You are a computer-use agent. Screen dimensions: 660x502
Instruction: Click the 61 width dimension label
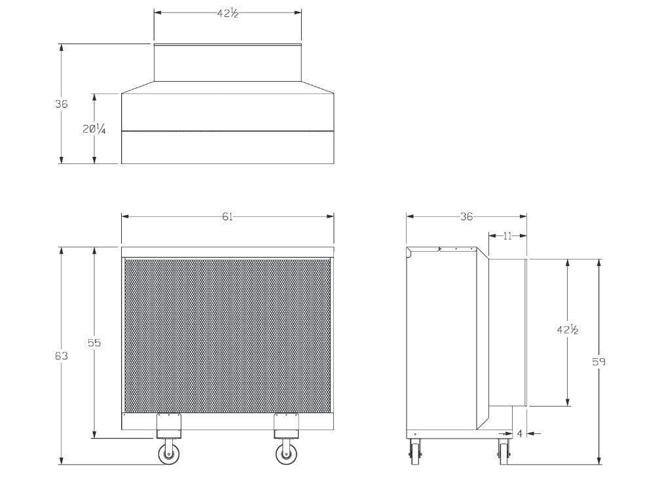[227, 217]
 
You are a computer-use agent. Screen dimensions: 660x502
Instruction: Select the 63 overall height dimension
[61, 356]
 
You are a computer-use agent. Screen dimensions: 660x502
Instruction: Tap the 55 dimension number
[94, 343]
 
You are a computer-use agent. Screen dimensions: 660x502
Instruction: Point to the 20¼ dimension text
[94, 129]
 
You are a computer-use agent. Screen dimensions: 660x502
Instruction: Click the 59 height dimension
[598, 361]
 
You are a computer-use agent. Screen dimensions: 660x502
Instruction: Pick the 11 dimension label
[507, 236]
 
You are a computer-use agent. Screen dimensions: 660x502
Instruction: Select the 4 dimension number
[519, 433]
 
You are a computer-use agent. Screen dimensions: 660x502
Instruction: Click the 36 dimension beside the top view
[61, 104]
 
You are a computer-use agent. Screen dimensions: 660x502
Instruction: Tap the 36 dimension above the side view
[466, 217]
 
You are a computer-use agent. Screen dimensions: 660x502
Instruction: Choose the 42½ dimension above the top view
[228, 14]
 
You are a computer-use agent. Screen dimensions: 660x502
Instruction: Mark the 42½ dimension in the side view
[567, 330]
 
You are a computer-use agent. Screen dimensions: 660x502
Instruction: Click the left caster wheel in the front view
[169, 454]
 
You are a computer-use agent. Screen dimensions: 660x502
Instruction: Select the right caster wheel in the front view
[286, 454]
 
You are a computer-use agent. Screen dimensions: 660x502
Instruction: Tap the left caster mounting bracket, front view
[169, 426]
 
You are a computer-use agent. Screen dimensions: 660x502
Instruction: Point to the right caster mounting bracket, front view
[286, 426]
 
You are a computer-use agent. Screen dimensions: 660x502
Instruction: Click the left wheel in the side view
[414, 452]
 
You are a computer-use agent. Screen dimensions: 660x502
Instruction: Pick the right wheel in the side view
[504, 452]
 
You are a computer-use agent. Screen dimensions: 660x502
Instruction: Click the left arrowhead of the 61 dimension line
[125, 217]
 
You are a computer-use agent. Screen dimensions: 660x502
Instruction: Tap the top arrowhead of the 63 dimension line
[62, 251]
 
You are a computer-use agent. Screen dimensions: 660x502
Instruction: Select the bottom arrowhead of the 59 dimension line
[599, 461]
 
